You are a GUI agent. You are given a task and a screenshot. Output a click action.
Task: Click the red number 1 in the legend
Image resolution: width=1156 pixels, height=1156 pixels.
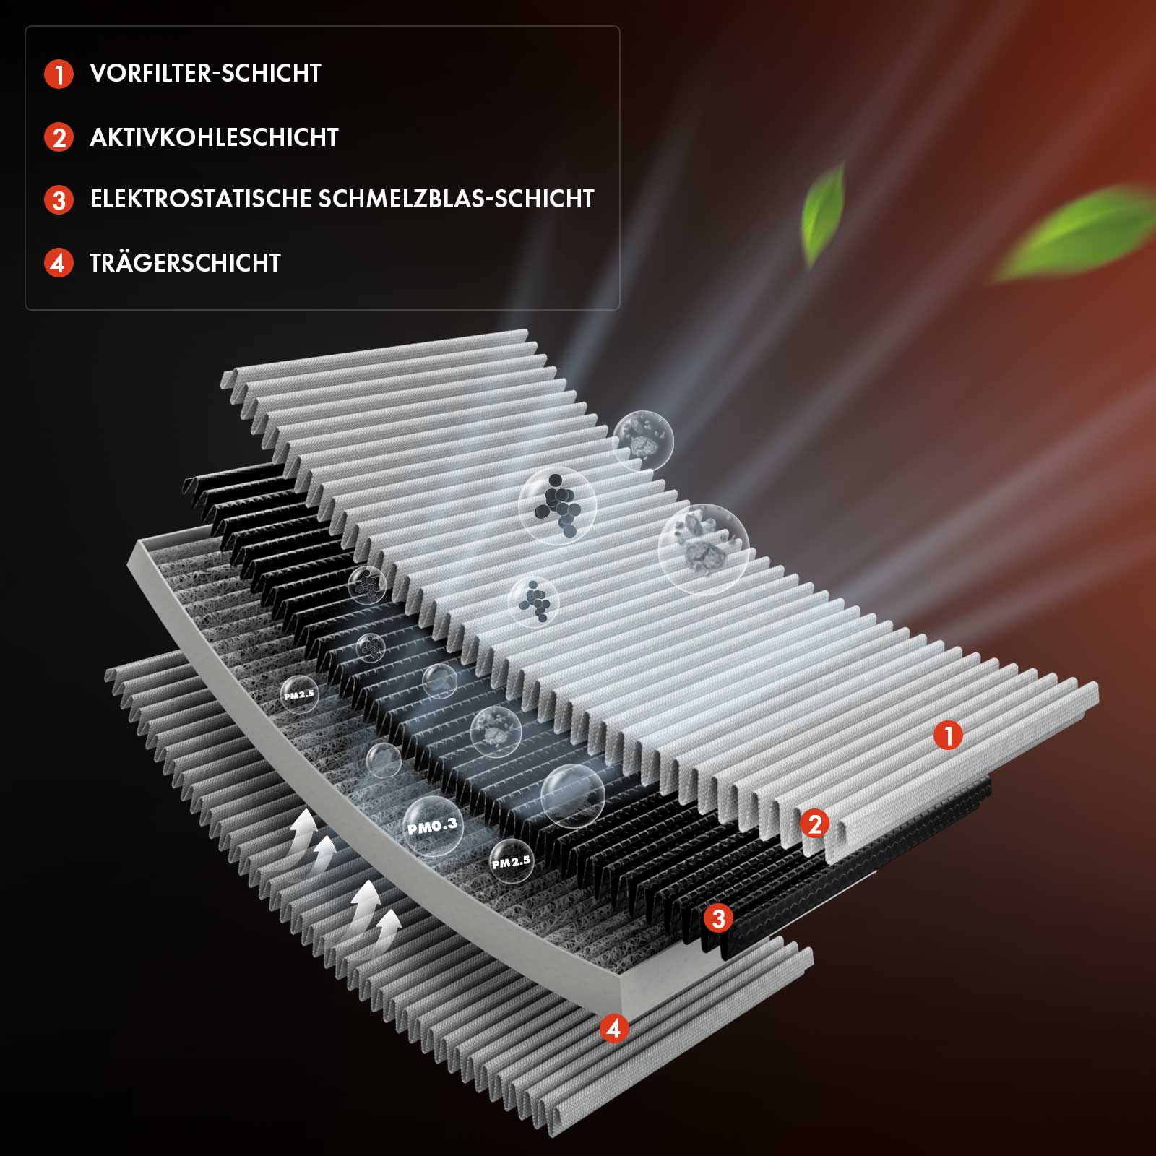(59, 74)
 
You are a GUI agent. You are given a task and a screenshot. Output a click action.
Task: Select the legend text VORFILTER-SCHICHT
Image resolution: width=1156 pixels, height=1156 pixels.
(205, 73)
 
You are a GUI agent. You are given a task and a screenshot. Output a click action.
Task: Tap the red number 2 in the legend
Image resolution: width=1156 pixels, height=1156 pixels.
(59, 137)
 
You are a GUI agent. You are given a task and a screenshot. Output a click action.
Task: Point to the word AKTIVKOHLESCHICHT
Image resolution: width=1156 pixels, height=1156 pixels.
(214, 137)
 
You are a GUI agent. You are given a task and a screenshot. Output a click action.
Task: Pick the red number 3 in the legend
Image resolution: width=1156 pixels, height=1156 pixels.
(59, 199)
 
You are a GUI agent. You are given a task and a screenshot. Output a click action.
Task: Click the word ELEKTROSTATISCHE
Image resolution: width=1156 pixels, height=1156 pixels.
(200, 199)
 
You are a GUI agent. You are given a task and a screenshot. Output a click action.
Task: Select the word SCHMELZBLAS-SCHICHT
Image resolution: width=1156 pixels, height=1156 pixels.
(456, 199)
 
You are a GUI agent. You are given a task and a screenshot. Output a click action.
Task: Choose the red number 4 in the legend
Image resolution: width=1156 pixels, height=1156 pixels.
(59, 262)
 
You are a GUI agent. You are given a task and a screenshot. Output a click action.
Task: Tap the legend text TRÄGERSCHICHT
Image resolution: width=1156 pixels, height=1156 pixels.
(185, 262)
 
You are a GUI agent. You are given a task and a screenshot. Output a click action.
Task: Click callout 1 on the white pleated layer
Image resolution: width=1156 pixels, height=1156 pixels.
(948, 736)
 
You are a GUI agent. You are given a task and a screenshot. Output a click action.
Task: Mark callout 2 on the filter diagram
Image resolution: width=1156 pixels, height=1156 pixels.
(815, 824)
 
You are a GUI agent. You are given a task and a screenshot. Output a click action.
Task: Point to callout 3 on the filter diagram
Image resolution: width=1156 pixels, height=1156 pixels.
(718, 918)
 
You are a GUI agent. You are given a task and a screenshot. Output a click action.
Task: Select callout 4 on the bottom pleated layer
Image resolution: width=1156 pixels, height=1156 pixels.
(614, 1027)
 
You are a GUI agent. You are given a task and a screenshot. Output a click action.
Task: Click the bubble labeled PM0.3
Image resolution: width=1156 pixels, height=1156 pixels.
(433, 827)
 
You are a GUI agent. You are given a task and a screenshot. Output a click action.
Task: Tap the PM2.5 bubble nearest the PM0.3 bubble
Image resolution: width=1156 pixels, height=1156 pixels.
(512, 861)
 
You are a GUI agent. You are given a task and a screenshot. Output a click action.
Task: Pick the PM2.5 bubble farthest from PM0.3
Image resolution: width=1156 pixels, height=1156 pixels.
(299, 694)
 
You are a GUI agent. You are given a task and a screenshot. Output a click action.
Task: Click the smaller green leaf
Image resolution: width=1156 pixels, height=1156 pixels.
(824, 213)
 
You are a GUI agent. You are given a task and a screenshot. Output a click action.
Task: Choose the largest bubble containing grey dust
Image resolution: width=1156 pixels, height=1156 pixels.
(703, 549)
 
